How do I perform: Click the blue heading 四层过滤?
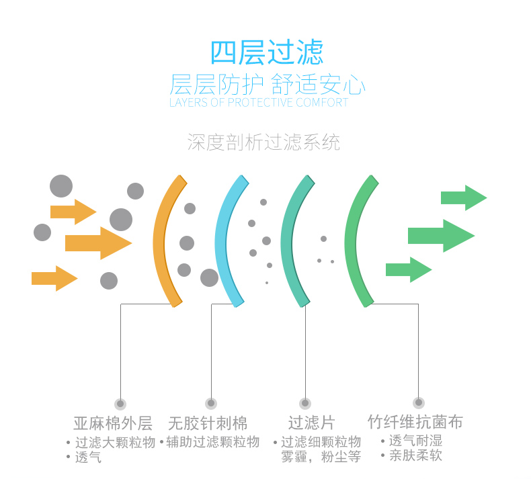point(266,52)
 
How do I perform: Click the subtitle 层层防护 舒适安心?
point(267,85)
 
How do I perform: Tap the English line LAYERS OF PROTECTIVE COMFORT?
point(259,103)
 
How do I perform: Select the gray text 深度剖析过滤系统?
point(263,142)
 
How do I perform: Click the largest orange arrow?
point(97,243)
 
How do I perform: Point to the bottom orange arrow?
point(54,278)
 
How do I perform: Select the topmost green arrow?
point(463,198)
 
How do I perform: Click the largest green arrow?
point(441,236)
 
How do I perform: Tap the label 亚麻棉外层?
point(113,423)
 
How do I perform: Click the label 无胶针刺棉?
point(208,423)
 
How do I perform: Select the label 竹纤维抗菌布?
point(415,422)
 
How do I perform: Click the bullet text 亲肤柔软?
point(415,456)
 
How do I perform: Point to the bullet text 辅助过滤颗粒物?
point(212,442)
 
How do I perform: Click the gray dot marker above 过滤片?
point(305,404)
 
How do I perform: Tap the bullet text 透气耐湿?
point(415,441)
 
